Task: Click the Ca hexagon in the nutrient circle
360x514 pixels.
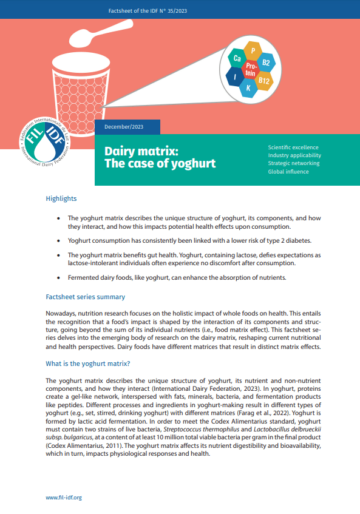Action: [237, 58]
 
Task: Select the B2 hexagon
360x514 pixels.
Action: [266, 63]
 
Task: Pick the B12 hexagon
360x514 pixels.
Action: [263, 80]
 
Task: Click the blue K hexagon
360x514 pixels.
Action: [248, 88]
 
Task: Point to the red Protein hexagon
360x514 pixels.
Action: [251, 69]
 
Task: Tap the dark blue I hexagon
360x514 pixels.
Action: [234, 76]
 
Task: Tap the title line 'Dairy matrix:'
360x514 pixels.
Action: [141, 150]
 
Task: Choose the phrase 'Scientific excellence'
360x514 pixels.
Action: [293, 147]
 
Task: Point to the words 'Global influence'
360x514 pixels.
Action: [288, 172]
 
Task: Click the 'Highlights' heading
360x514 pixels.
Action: [61, 198]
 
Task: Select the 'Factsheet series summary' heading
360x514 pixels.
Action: [86, 297]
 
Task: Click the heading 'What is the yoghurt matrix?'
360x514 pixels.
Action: [88, 364]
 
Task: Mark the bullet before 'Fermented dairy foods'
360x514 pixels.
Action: [58, 277]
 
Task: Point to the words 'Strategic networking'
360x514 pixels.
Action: [294, 164]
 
